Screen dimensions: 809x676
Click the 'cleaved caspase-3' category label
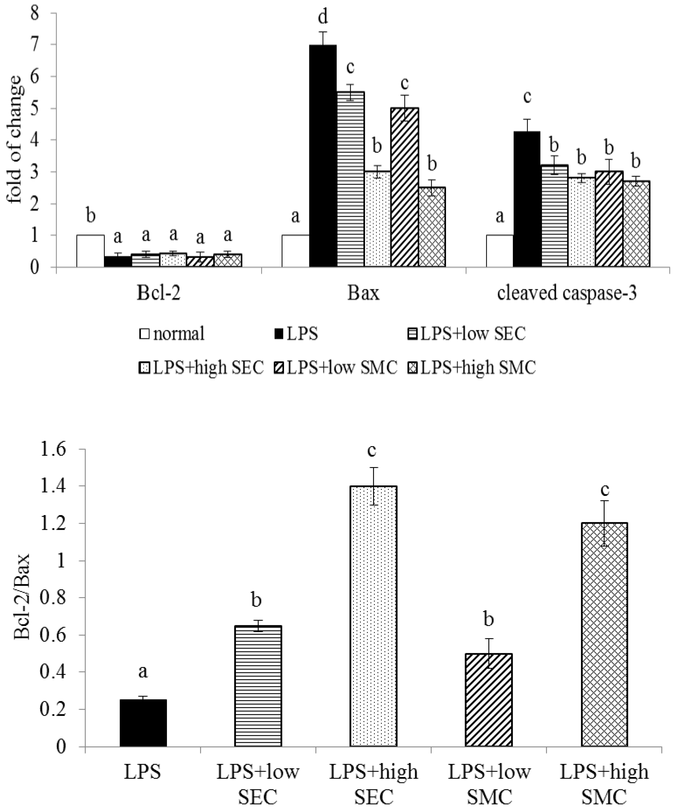pos(567,294)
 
